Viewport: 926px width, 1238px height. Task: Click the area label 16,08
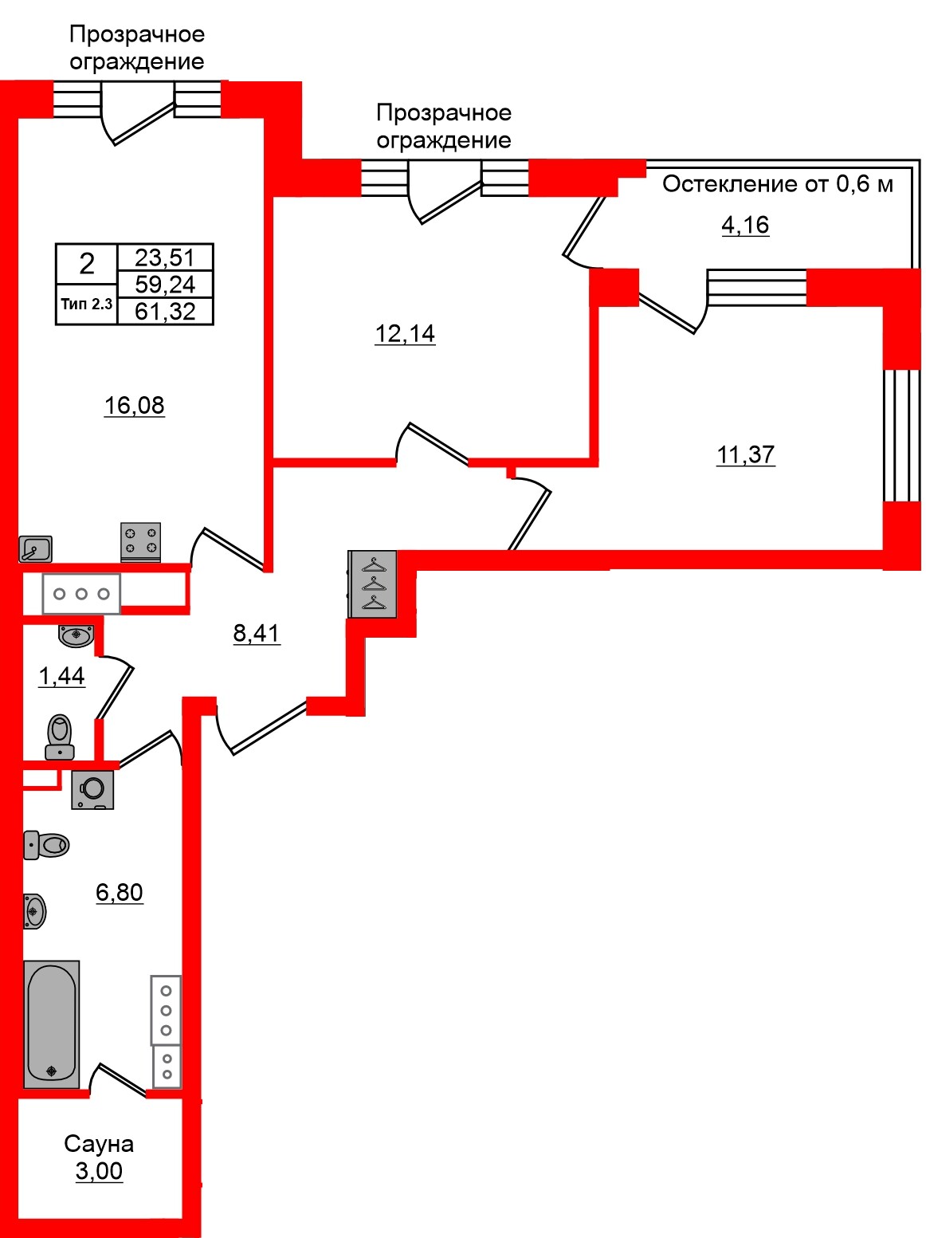(x=134, y=405)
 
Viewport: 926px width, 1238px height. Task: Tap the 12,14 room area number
(x=405, y=333)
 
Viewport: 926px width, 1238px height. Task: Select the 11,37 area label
(x=745, y=454)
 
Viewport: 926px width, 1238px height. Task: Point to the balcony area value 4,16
(x=745, y=225)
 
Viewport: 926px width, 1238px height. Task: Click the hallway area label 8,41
(x=257, y=633)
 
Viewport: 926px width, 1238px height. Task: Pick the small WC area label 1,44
(x=61, y=676)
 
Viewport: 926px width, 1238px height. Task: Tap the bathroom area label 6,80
(x=120, y=892)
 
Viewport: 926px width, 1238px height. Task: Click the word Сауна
(x=99, y=1144)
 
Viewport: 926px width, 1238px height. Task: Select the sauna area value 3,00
(x=99, y=1171)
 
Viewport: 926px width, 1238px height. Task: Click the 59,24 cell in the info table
(x=165, y=285)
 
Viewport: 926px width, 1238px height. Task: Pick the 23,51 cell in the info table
(x=165, y=257)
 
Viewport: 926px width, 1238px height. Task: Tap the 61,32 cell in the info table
(x=165, y=311)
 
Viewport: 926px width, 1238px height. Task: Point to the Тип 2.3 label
(x=87, y=304)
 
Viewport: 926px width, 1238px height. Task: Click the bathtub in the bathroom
(x=52, y=1024)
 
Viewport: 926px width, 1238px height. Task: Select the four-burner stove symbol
(x=140, y=542)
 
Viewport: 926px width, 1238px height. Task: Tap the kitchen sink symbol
(x=36, y=548)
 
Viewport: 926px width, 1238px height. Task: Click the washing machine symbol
(x=92, y=789)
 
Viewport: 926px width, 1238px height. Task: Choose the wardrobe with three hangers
(x=373, y=584)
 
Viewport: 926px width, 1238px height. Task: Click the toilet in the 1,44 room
(x=60, y=737)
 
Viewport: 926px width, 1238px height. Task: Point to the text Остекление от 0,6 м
(x=778, y=184)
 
